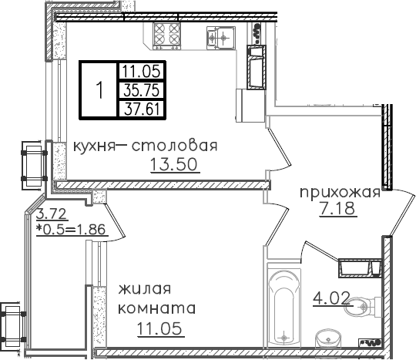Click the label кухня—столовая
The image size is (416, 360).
tap(146, 146)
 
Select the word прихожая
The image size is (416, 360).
tap(339, 193)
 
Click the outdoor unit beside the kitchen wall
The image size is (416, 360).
tap(32, 163)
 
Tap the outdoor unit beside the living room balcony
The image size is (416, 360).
tap(12, 322)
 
